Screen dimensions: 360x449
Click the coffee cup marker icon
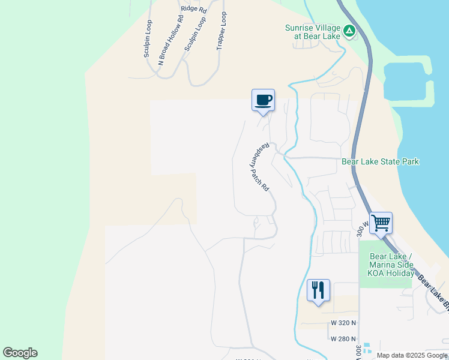263,100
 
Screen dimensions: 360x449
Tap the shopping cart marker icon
381,223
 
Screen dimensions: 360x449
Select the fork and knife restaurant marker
318,290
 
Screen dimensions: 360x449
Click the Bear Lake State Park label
380,161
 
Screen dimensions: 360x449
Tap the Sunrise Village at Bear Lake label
313,32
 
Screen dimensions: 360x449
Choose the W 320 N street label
343,323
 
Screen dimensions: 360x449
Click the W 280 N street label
343,338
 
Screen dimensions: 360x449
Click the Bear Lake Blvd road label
433,295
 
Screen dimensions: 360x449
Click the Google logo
20,353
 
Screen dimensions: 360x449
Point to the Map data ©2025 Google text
412,355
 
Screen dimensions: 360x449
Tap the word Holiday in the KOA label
400,274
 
